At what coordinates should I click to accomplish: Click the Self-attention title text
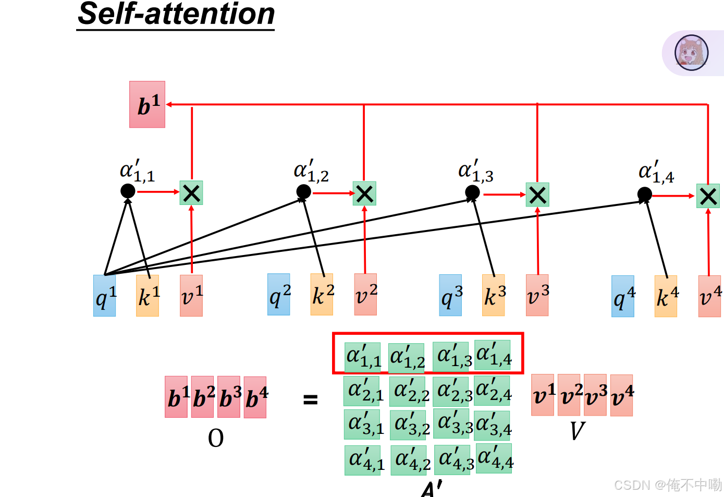pyautogui.click(x=176, y=14)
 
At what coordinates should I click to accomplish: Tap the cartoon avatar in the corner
pyautogui.click(x=691, y=53)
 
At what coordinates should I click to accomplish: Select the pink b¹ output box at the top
pyautogui.click(x=147, y=104)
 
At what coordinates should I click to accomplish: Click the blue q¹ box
pyautogui.click(x=105, y=296)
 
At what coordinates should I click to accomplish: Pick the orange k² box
pyautogui.click(x=322, y=295)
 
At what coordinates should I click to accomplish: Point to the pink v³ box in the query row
pyautogui.click(x=537, y=295)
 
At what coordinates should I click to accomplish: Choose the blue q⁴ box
pyautogui.click(x=623, y=296)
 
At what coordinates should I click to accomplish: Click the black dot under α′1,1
pyautogui.click(x=128, y=191)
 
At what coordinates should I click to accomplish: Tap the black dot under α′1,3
pyautogui.click(x=472, y=193)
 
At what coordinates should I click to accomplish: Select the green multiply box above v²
pyautogui.click(x=364, y=193)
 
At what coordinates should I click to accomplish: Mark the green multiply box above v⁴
pyautogui.click(x=708, y=196)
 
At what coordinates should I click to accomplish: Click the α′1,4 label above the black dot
pyautogui.click(x=656, y=173)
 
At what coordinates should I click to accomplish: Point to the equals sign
pyautogui.click(x=311, y=400)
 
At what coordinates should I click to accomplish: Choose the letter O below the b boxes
pyautogui.click(x=216, y=438)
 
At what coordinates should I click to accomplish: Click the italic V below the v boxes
pyautogui.click(x=577, y=431)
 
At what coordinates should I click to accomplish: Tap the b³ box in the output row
pyautogui.click(x=229, y=397)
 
